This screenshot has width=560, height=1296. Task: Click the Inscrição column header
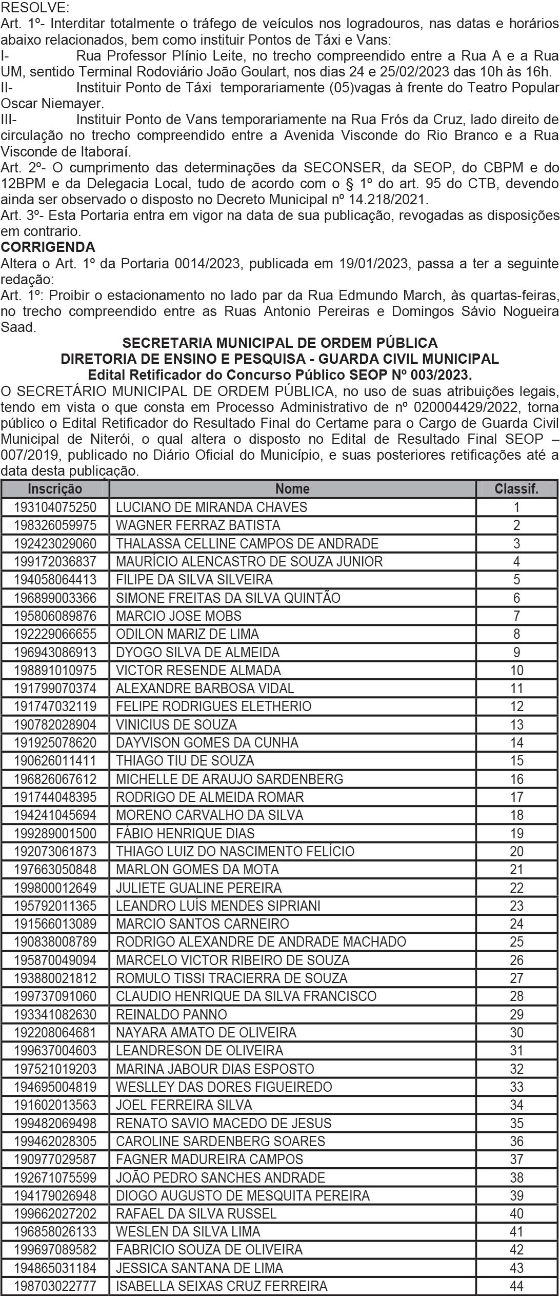click(x=55, y=488)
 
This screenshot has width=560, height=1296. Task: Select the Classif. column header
click(x=516, y=488)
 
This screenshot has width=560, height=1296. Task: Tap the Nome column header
click(x=292, y=488)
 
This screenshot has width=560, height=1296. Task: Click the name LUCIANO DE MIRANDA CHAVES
click(x=211, y=507)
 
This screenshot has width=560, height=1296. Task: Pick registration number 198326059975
click(x=55, y=525)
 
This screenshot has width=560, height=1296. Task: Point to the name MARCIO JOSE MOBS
click(x=178, y=616)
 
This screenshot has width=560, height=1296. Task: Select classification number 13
click(x=516, y=724)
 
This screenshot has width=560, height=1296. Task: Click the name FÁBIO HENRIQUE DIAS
click(x=185, y=833)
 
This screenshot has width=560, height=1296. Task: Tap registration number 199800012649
click(x=55, y=888)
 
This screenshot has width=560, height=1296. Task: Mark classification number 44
click(x=516, y=1286)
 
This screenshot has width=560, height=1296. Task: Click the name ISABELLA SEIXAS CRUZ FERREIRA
click(x=222, y=1286)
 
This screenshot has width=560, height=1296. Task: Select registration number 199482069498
click(x=55, y=1123)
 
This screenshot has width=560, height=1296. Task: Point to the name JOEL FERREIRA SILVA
click(x=184, y=1105)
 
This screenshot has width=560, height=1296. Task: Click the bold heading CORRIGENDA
click(x=48, y=247)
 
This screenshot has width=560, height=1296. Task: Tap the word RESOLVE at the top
click(x=34, y=8)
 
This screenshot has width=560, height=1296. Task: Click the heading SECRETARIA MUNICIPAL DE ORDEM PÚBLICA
click(x=280, y=343)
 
